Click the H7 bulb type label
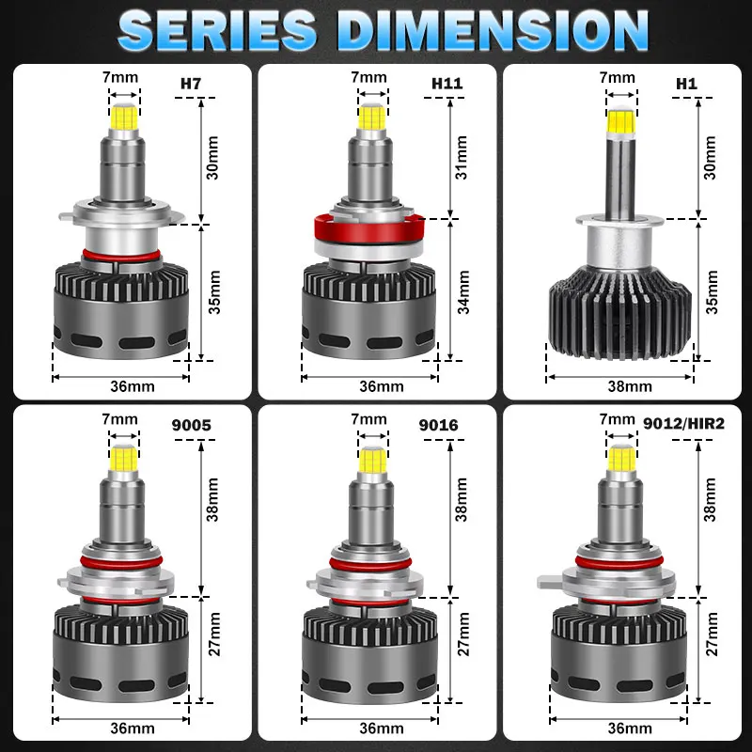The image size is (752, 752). (x=191, y=84)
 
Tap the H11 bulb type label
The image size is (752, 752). (x=447, y=84)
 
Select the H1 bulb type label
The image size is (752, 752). (x=686, y=84)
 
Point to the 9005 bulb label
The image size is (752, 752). (x=192, y=425)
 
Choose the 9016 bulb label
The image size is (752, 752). (x=438, y=425)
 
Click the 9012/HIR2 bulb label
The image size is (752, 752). (x=683, y=424)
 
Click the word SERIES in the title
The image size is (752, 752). (x=217, y=30)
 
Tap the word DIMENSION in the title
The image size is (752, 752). (x=493, y=30)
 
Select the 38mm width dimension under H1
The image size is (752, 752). (x=630, y=386)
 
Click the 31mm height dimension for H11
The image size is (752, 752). (x=461, y=158)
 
